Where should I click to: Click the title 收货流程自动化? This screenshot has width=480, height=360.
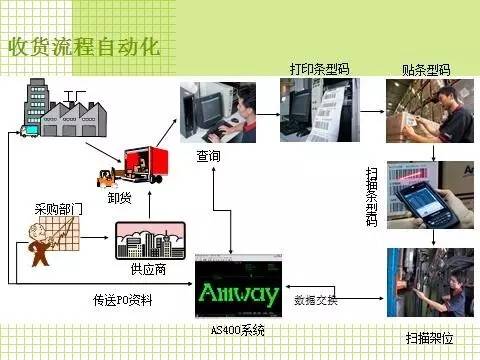[x=85, y=48]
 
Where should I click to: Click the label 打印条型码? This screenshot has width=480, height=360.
[x=318, y=69]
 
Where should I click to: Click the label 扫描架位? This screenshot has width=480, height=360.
[x=427, y=338]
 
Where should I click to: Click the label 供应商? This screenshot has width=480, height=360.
[x=148, y=270]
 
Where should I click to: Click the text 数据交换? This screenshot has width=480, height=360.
[x=316, y=300]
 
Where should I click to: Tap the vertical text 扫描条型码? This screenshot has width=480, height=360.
[x=372, y=198]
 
